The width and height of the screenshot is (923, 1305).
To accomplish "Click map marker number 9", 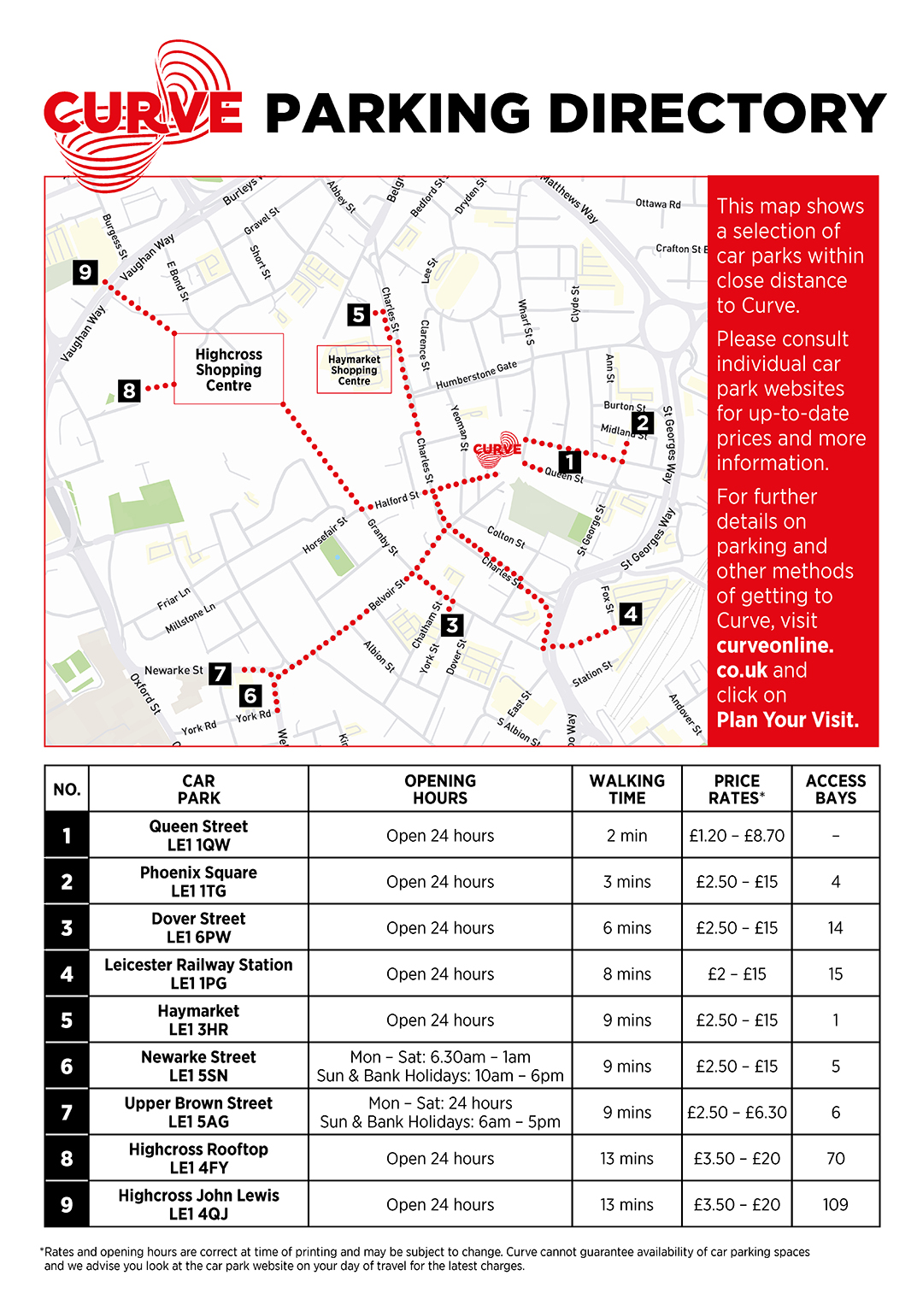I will tap(85, 273).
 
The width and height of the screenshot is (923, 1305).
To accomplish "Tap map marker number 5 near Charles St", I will tap(359, 314).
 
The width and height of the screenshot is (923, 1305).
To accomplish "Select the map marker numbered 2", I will tap(643, 422).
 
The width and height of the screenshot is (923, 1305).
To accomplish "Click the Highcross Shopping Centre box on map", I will tap(228, 369).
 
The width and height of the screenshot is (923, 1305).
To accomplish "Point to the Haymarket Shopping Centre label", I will tap(354, 370).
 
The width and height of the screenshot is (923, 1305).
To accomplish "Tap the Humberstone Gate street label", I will tap(476, 375).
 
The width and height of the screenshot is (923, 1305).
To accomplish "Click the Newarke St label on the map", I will tap(173, 670).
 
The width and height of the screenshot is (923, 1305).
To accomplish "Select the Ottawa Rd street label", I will tap(658, 204).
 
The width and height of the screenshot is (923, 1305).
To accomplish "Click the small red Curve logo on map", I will tap(497, 449).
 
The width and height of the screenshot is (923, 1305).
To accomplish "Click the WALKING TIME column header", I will tap(626, 789).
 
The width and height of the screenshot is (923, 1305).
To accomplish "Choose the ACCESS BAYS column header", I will tap(835, 789).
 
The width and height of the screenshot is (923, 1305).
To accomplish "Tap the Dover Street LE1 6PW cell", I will tap(198, 927).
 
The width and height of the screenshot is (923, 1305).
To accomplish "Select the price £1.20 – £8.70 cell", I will tap(737, 835).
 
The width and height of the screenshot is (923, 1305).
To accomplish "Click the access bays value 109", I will tap(835, 1204).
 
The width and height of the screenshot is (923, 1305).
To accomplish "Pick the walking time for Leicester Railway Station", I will tap(626, 973).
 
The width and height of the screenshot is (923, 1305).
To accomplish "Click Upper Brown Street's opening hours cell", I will tap(440, 1112).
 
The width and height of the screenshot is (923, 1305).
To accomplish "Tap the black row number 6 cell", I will tap(67, 1066).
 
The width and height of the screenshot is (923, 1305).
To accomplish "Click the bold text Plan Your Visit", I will tap(787, 720).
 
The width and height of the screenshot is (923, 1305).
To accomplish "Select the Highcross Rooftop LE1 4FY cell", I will tap(198, 1158).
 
